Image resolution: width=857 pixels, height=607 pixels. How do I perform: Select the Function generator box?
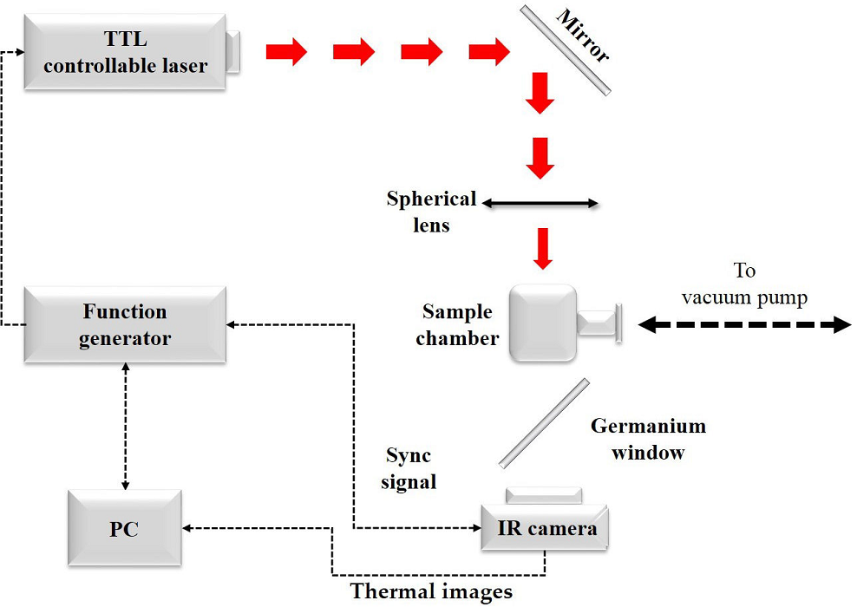tap(125, 324)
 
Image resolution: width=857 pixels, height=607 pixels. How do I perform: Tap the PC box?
tap(124, 528)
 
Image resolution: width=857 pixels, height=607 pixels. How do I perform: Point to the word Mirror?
tap(584, 36)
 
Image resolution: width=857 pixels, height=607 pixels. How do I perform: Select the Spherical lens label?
tap(431, 211)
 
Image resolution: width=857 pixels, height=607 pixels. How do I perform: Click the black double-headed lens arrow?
tap(540, 204)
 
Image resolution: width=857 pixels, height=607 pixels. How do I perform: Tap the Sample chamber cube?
tap(541, 323)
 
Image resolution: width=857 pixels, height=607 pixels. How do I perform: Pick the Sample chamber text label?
tap(457, 324)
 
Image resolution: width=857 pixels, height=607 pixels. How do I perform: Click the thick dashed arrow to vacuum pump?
tap(744, 324)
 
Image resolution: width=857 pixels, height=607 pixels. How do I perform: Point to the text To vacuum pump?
tap(744, 284)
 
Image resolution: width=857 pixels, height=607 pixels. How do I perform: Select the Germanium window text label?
tap(648, 439)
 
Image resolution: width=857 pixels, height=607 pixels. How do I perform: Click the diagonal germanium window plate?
tap(545, 422)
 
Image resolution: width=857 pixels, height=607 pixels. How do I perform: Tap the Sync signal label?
tap(408, 468)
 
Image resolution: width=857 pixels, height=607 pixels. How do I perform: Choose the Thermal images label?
tap(431, 593)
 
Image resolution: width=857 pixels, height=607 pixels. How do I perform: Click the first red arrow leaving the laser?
tap(286, 52)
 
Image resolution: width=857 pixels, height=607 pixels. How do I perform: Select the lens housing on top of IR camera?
tap(544, 496)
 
